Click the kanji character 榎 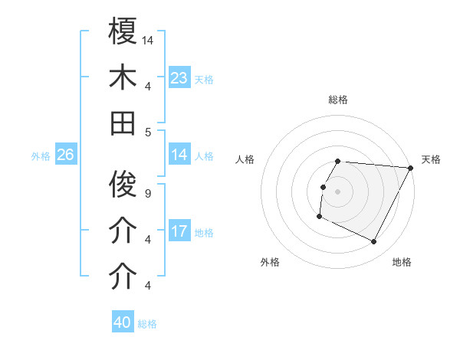click(123, 32)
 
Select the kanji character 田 click(123, 123)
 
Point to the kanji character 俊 click(123, 185)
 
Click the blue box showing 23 click(179, 78)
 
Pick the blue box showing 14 click(179, 155)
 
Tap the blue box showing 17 click(179, 231)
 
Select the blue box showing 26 click(65, 155)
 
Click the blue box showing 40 click(123, 322)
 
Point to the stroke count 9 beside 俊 click(148, 193)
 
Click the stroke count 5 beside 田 click(148, 132)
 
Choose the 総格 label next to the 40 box click(147, 324)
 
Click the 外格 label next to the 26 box click(41, 156)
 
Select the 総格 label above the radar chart click(338, 100)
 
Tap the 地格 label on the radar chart click(402, 262)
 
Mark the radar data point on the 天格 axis click(412, 168)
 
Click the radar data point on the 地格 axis click(374, 242)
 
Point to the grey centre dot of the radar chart click(338, 191)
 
